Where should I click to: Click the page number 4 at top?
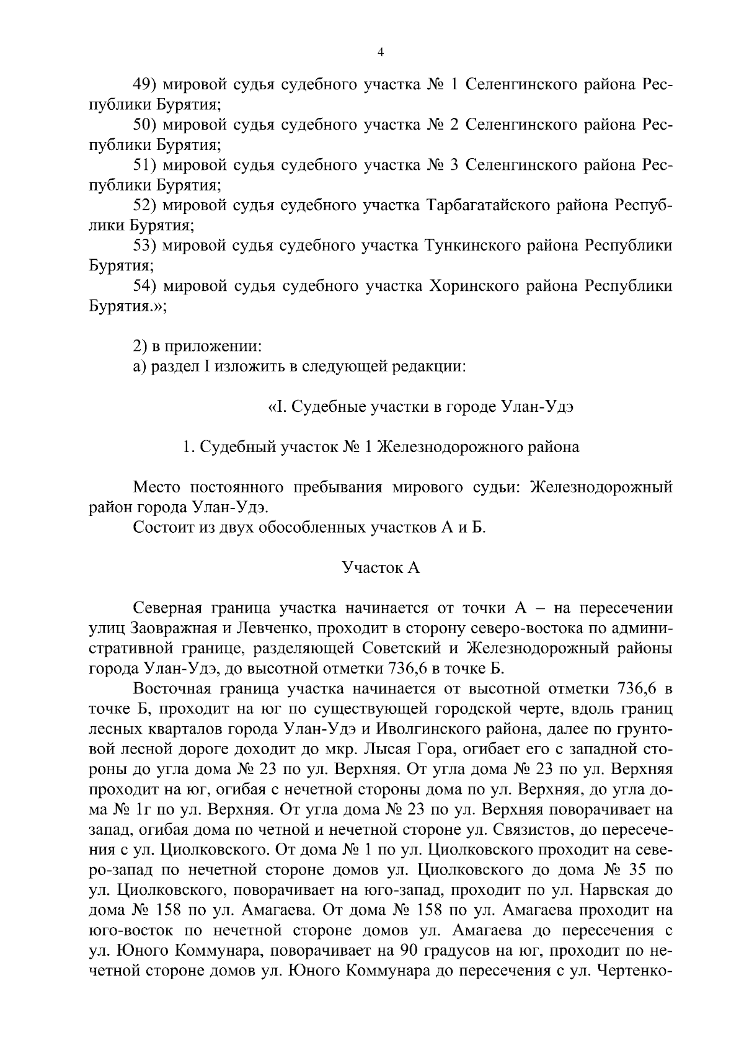pos(381,53)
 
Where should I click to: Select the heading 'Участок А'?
pos(381,567)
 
